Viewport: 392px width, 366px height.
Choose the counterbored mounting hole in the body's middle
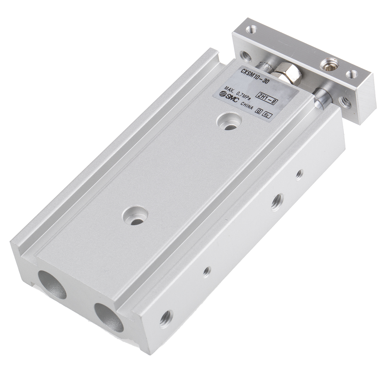click(135, 217)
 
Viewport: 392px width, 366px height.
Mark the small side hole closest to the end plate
click(299, 174)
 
